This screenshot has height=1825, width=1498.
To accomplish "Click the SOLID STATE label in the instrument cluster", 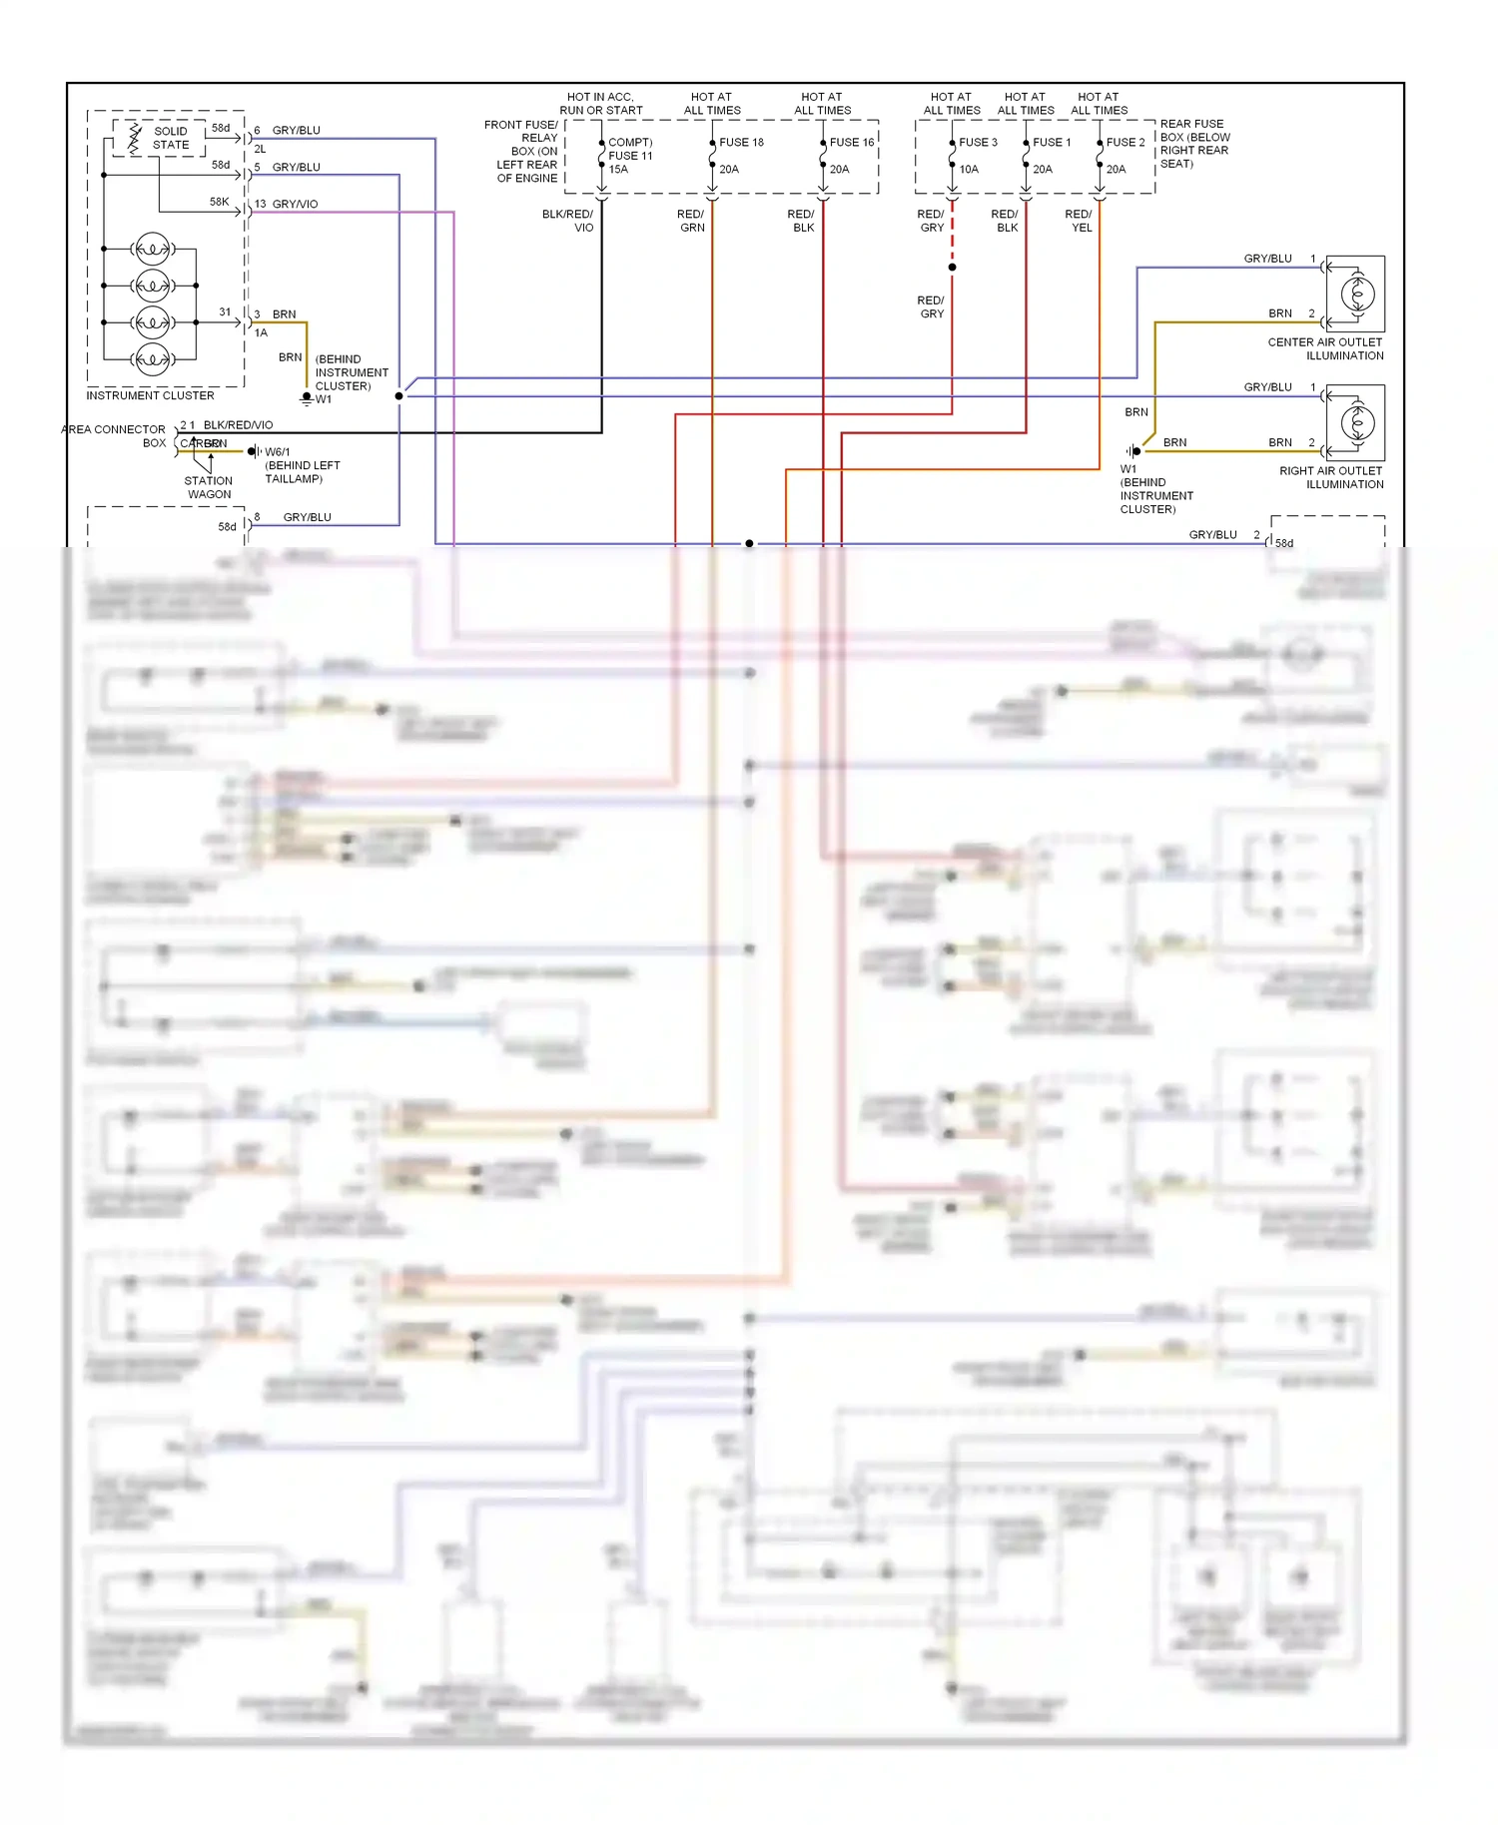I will pos(171,138).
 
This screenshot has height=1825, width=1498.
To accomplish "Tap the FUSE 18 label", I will pos(741,143).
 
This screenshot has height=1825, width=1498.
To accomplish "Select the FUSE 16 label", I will pos(851,143).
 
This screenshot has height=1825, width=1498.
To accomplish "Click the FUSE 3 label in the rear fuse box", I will pos(978,143).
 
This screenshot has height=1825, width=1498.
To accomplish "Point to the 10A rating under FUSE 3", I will pos(969,170).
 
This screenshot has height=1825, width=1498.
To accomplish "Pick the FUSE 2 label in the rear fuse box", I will pos(1125,143).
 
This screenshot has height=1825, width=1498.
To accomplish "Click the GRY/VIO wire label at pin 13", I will pos(295,205).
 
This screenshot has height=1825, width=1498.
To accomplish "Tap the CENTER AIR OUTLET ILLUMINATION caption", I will pos(1325,349).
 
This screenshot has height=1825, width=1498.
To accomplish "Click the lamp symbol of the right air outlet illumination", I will pos(1357,422).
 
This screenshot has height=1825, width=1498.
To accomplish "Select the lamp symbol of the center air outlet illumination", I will pos(1357,294).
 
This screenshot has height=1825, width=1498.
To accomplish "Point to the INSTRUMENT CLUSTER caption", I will pos(150,396).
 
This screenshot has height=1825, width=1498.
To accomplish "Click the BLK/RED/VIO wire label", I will pos(238,425).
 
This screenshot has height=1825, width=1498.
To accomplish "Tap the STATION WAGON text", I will pos(209,488).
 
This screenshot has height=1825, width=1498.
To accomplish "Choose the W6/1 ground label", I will pos(278,452).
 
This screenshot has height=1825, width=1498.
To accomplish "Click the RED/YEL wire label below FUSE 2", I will pos(1079,221).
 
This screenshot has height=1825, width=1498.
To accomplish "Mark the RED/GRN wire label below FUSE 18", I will pos(691,221).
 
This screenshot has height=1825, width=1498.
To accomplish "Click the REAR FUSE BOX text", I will pos(1194,144).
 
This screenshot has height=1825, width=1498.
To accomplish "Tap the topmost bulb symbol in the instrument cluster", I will pos(152,248).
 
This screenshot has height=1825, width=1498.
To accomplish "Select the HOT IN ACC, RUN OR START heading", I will pos(600,104).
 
